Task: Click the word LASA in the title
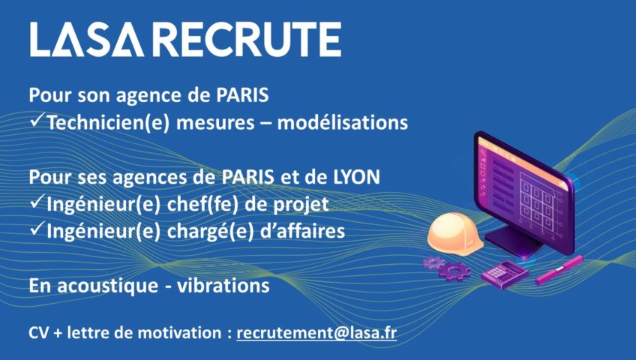[x=86, y=39]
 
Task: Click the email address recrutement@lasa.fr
[x=316, y=333]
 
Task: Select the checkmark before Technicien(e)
[x=37, y=120]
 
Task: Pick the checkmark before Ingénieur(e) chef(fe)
[x=37, y=202]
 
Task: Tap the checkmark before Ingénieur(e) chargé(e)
[x=37, y=229]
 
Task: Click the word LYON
[x=356, y=177]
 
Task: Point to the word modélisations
[x=342, y=122]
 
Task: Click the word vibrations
[x=223, y=286]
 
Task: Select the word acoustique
[x=107, y=286]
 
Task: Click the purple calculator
[x=505, y=274]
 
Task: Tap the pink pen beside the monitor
[x=559, y=269]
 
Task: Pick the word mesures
[x=215, y=123]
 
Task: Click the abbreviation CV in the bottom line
[x=39, y=333]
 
